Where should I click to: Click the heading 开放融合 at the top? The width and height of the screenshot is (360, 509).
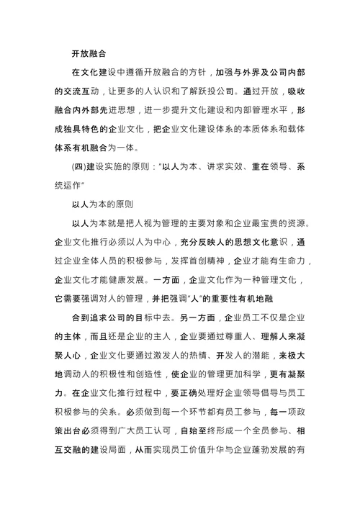89,53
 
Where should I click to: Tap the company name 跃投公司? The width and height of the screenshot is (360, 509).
230,92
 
